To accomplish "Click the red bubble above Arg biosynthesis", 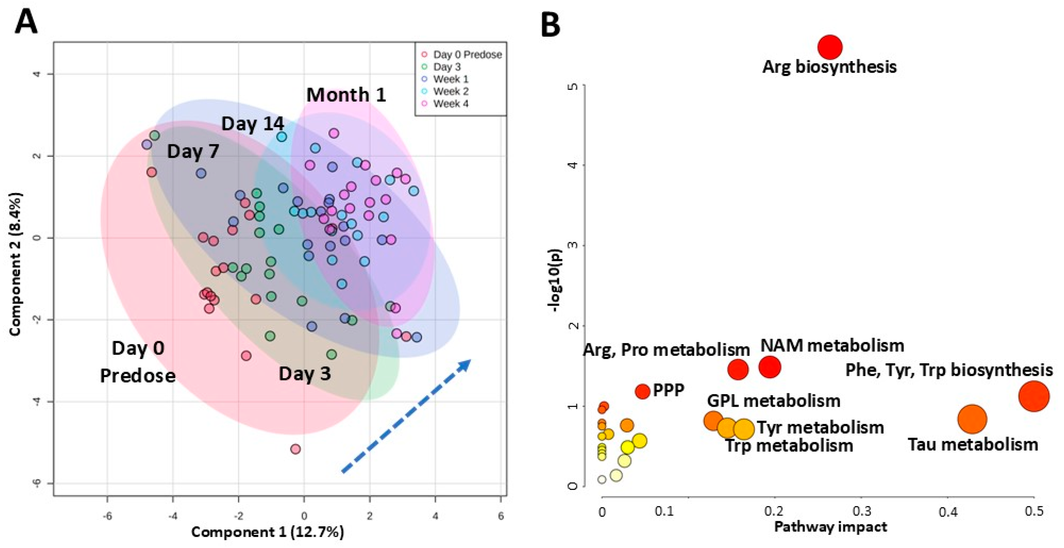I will pyautogui.click(x=829, y=47).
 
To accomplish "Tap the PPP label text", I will pyautogui.click(x=668, y=390).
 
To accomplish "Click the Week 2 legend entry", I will pyautogui.click(x=450, y=91).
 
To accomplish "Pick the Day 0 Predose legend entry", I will pyautogui.click(x=467, y=55).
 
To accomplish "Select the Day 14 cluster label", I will pyautogui.click(x=253, y=124).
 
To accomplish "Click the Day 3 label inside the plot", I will pyautogui.click(x=305, y=374).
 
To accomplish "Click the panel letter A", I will pyautogui.click(x=26, y=23).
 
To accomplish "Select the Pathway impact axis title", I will pyautogui.click(x=830, y=527).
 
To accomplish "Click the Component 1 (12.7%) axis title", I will pyautogui.click(x=267, y=532).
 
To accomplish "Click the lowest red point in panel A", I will pyautogui.click(x=295, y=449).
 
